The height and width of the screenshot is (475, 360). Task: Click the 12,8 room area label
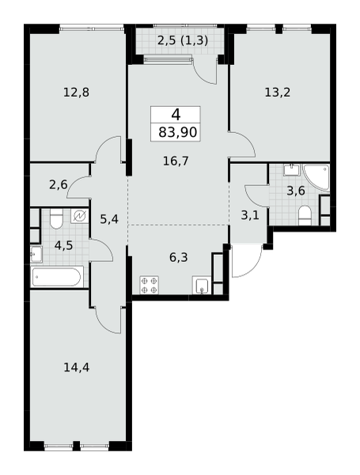pos(76,92)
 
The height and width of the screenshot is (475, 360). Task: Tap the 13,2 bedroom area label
pos(278,92)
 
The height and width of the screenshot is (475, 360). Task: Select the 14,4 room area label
pos(76,367)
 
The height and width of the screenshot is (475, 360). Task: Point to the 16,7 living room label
pos(176,161)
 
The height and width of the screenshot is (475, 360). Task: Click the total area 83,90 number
pos(178,132)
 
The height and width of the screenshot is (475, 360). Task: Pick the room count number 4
pos(176,115)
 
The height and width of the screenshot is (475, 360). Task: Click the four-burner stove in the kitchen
pos(150,285)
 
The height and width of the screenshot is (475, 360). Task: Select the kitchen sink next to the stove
pos(201,285)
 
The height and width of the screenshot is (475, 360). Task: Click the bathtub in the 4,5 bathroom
pos(58,276)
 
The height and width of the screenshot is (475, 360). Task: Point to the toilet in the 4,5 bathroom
pos(56,218)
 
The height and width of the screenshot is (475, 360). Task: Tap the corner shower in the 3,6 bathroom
pos(316,177)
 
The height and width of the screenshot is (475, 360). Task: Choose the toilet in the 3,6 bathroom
pos(305,215)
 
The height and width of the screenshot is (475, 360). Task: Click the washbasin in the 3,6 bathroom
pos(291,169)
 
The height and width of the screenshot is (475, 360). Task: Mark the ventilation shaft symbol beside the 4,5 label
pos(80,215)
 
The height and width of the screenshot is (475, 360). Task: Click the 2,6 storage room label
pos(59,184)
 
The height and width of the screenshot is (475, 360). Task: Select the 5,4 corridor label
pos(109,218)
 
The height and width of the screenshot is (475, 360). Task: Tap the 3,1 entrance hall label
pos(250,215)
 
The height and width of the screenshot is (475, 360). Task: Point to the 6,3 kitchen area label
pos(179,257)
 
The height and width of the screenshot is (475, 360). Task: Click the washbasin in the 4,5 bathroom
pos(36,254)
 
